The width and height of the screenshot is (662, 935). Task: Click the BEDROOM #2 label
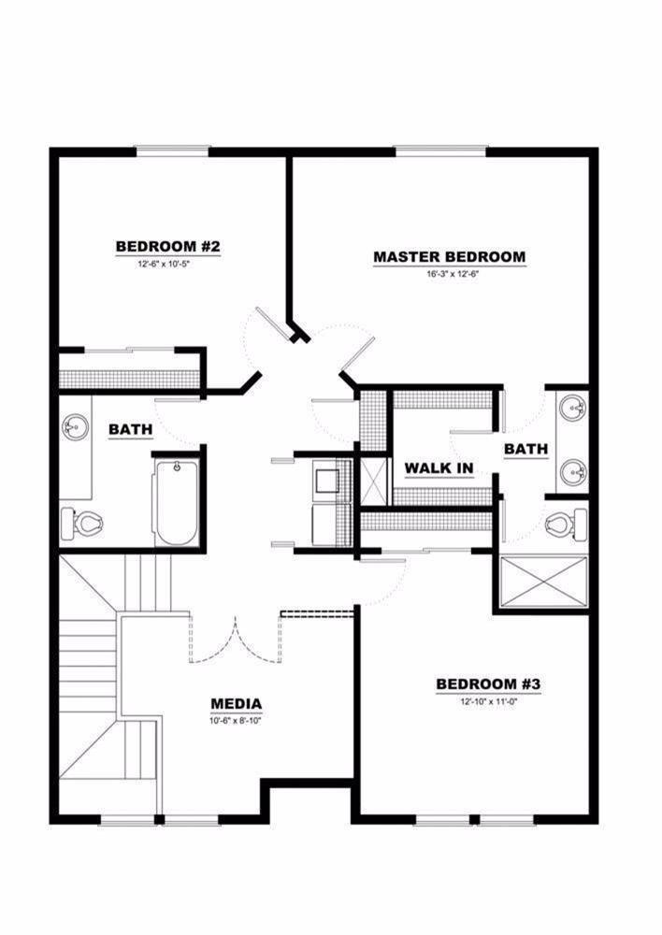167,246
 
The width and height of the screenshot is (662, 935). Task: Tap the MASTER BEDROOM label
449,256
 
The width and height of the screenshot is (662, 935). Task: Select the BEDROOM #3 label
488,685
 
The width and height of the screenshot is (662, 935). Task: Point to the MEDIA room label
236,704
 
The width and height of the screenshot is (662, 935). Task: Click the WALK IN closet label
439,467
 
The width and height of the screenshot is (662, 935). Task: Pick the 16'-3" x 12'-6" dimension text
449,274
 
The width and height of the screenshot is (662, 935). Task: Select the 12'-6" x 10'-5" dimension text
167,264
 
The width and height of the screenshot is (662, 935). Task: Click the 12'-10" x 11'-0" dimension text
488,702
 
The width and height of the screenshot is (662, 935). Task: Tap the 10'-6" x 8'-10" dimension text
236,720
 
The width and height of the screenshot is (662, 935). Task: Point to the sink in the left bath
74,427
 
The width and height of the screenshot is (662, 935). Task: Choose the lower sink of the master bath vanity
572,472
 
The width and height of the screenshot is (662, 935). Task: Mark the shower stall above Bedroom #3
544,584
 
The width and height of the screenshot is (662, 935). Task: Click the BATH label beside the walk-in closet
525,450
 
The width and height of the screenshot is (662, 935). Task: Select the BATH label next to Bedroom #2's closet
131,429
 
